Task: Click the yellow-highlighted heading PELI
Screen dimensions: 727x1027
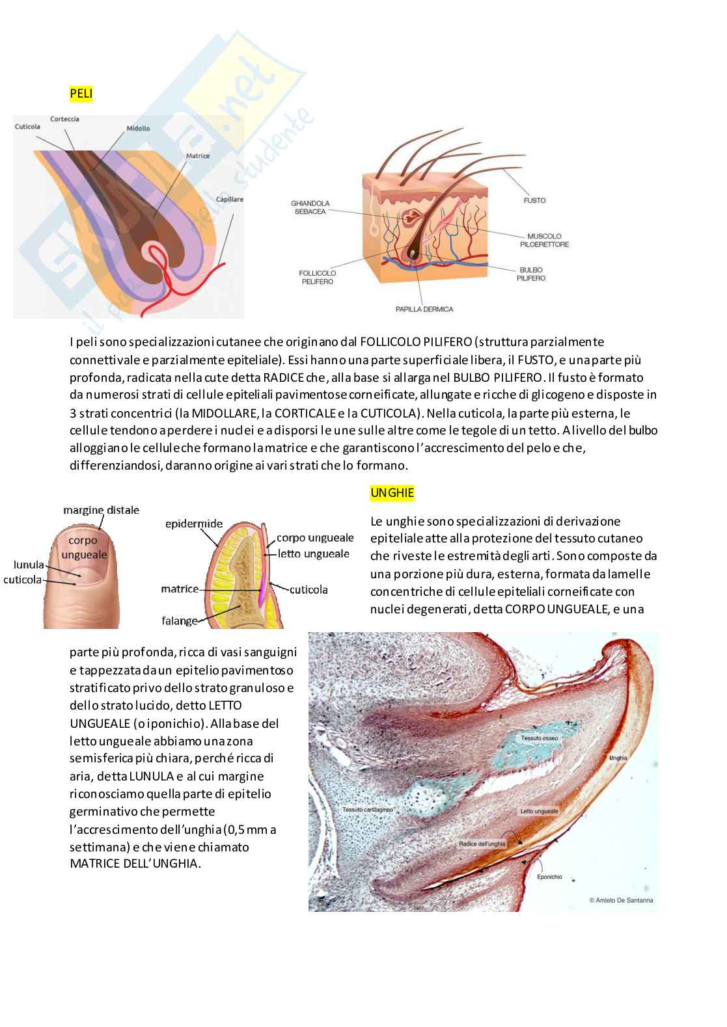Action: [81, 94]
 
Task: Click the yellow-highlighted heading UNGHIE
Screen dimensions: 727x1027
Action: [392, 493]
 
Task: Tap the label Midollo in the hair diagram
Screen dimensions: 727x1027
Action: [138, 128]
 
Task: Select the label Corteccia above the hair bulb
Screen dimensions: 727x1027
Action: [64, 119]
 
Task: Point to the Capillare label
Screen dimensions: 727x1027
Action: [230, 200]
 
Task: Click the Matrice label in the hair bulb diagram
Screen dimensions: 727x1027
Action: [198, 156]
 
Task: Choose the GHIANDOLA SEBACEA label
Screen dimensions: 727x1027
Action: [310, 207]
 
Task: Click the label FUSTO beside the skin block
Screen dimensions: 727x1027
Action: [535, 200]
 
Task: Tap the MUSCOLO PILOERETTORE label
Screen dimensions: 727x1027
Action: [545, 240]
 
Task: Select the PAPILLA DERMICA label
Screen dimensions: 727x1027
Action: [424, 310]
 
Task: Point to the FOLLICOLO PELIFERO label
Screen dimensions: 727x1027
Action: [318, 277]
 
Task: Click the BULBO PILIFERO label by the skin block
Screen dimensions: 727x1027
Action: [531, 274]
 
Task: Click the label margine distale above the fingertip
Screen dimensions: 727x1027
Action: [101, 511]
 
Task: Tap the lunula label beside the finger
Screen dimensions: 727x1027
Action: [29, 565]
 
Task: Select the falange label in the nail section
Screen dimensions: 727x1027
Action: [180, 620]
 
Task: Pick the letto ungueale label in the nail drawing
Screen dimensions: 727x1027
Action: [314, 554]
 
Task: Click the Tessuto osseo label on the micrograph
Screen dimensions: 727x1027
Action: [540, 738]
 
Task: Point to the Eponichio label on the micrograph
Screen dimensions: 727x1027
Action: [549, 877]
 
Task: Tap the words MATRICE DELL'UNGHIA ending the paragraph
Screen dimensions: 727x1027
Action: [134, 863]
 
